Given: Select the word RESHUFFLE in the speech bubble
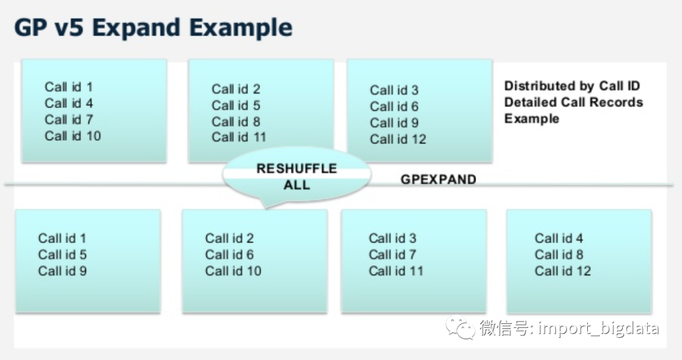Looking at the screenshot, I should pyautogui.click(x=297, y=169).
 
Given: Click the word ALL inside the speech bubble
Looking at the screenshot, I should pyautogui.click(x=297, y=184).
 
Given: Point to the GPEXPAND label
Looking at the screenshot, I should pyautogui.click(x=438, y=179).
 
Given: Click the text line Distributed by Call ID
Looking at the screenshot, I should pyautogui.click(x=572, y=86).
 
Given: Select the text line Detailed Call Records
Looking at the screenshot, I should pyautogui.click(x=573, y=102).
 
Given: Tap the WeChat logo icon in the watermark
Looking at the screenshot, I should pyautogui.click(x=460, y=328).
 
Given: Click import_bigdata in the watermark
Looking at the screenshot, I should pyautogui.click(x=598, y=328).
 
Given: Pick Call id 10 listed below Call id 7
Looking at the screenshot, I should pyautogui.click(x=73, y=136).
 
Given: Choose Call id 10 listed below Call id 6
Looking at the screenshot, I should pyautogui.click(x=233, y=271).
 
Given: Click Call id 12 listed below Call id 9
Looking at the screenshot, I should pyautogui.click(x=398, y=139).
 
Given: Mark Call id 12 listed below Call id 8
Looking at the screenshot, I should pyautogui.click(x=563, y=271).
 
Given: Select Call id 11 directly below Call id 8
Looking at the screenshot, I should pyautogui.click(x=239, y=137).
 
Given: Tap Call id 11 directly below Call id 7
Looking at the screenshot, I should pyautogui.click(x=396, y=271).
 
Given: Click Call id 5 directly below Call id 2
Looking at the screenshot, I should pyautogui.click(x=236, y=105).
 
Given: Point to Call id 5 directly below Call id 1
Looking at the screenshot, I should pyautogui.click(x=62, y=255).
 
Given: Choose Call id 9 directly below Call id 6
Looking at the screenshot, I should pyautogui.click(x=394, y=123).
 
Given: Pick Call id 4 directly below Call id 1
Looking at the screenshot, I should pyautogui.click(x=69, y=103).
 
